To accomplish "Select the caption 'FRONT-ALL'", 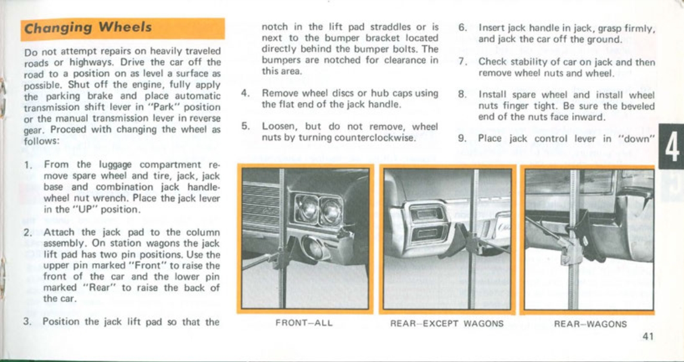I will coord(303,324).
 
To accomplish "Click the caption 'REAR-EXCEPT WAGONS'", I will coord(447,324).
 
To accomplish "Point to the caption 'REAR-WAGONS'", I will coord(590,324).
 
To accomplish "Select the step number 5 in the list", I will coord(245,126).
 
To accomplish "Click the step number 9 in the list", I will coord(462,138).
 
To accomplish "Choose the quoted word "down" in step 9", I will coord(639,138).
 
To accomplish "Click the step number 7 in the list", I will coord(462,62).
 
